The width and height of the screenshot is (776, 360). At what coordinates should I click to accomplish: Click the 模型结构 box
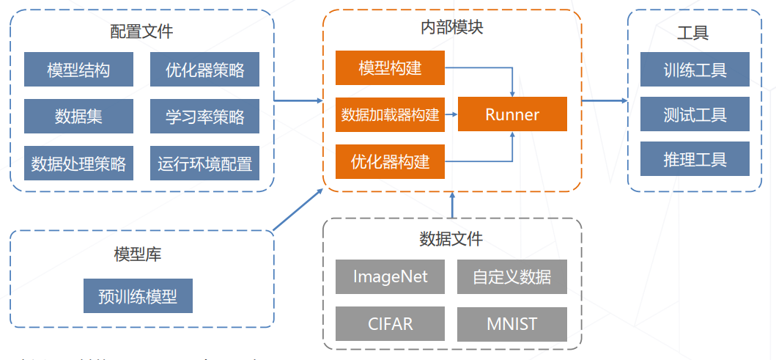(x=78, y=70)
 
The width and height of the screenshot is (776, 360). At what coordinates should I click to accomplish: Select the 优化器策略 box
(x=204, y=70)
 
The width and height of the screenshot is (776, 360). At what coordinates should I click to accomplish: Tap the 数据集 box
(x=78, y=116)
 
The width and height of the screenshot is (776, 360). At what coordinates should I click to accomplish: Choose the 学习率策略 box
(x=204, y=116)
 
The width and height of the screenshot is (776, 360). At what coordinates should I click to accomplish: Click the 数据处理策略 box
(x=78, y=163)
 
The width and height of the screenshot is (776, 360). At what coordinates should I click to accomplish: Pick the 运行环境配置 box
(x=204, y=163)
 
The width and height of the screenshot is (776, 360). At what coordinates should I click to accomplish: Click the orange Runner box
(x=512, y=114)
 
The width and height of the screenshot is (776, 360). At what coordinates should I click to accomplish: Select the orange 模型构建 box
(x=390, y=68)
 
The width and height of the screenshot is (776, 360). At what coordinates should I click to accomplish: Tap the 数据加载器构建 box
(x=390, y=114)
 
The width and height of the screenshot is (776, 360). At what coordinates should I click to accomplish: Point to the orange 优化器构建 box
(x=390, y=161)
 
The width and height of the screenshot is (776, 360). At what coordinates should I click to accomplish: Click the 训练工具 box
(x=695, y=70)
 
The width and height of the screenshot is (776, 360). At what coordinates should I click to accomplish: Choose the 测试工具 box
(x=695, y=114)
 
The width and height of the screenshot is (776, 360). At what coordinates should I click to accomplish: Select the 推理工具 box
(x=695, y=159)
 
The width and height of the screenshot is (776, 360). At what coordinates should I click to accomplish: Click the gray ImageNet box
(x=390, y=277)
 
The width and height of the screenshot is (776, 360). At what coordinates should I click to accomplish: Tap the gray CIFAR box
(x=390, y=324)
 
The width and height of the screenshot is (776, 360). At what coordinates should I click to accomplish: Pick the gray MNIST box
(x=511, y=324)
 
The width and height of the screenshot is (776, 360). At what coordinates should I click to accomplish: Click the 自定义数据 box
(x=511, y=277)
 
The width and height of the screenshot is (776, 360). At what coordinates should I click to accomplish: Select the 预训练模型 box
(x=138, y=296)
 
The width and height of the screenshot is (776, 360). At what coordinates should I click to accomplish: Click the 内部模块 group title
(x=451, y=28)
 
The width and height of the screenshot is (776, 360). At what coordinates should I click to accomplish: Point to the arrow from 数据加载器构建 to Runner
(x=451, y=114)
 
